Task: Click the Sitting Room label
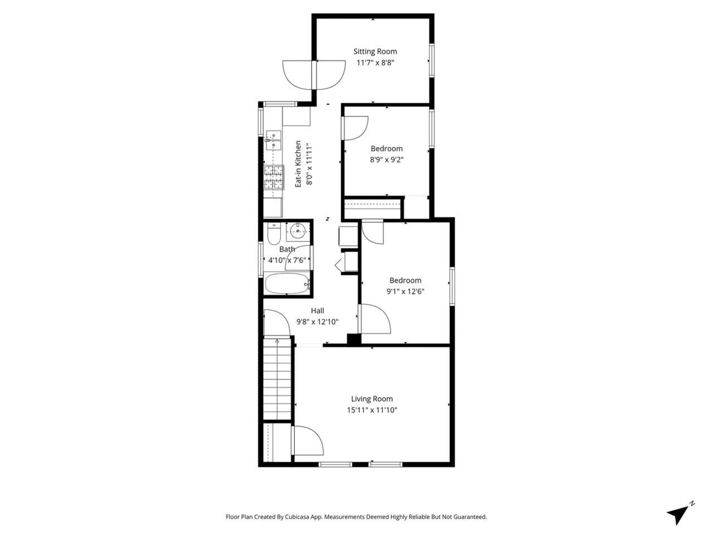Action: pos(375,51)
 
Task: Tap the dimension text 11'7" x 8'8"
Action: pos(375,62)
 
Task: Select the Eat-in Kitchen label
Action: pos(298,164)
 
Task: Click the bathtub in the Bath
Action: pos(287,284)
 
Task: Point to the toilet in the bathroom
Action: pos(274,234)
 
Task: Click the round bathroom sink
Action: pos(298,231)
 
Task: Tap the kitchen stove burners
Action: pos(274,178)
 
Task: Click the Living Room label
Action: pos(372,399)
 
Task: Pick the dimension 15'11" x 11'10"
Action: pos(372,410)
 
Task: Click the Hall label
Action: pos(317,311)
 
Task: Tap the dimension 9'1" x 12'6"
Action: pos(405,291)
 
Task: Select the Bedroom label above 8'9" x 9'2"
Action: pos(386,149)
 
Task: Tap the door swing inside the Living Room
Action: pos(307,441)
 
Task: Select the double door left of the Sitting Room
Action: pos(314,75)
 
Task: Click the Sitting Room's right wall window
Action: pos(432,60)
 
